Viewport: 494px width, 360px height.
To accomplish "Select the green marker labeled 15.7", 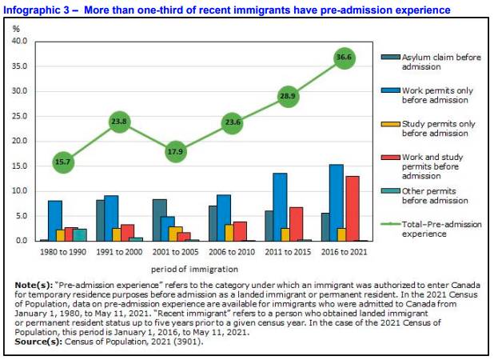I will [63, 162].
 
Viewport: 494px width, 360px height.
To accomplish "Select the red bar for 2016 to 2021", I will [352, 208].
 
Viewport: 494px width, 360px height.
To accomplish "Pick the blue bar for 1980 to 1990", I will [55, 221].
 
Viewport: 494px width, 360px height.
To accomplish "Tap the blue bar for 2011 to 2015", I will [280, 206].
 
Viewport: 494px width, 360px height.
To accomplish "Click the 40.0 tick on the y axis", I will [20, 41].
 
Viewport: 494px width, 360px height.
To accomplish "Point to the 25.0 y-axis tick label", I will [20, 116].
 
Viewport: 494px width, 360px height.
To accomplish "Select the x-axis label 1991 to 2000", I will [119, 252].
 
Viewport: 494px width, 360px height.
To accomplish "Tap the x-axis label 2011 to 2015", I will [288, 252].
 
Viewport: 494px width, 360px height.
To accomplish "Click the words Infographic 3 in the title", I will [37, 10].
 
